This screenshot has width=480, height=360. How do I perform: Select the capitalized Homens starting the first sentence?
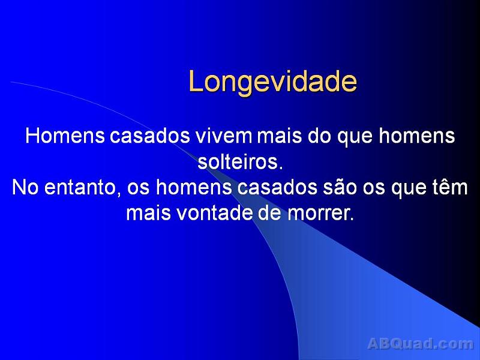(x=64, y=137)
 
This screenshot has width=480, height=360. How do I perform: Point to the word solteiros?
(x=239, y=163)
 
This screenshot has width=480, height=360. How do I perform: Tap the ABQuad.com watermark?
(x=420, y=344)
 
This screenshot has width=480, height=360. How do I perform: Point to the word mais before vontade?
(x=148, y=213)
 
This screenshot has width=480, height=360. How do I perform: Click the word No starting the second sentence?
(x=23, y=188)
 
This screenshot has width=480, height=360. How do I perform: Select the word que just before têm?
(x=409, y=188)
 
